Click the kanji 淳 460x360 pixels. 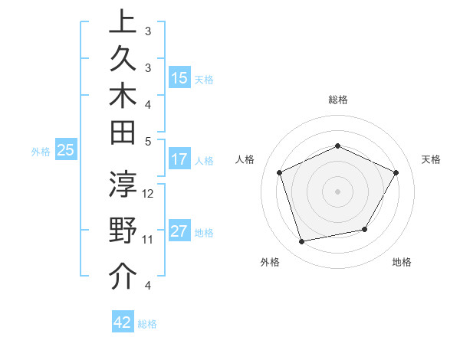tap(123, 186)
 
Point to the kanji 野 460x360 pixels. tap(123, 231)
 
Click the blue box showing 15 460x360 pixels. tap(179, 78)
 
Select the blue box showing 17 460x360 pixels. tap(179, 159)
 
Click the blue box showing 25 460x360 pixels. tap(66, 151)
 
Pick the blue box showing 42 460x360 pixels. tap(123, 322)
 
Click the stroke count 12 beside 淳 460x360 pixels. tap(149, 193)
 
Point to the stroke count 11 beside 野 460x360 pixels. tap(148, 239)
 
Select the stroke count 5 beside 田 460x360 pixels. tap(148, 141)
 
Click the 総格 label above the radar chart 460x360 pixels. tap(337, 100)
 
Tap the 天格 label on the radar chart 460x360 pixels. tap(431, 159)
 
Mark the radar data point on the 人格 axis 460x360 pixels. tap(280, 172)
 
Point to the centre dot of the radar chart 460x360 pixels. tap(337, 191)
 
